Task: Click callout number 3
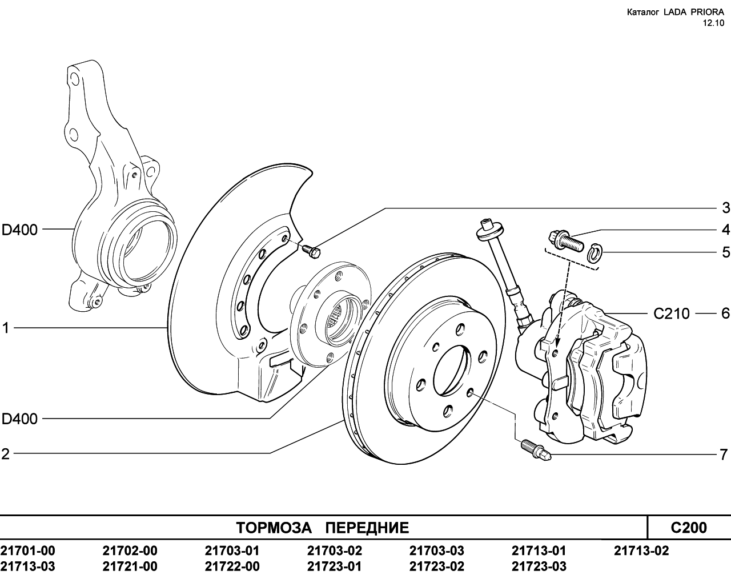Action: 725,208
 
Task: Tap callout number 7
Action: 724,454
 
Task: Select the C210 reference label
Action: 672,313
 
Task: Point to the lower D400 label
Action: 19,419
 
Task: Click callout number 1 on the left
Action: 6,328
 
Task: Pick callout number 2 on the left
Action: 6,454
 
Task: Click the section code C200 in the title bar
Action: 689,528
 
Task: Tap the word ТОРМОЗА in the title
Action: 274,528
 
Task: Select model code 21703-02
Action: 335,550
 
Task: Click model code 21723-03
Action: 539,566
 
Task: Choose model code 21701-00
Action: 27,550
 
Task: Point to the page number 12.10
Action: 713,23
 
